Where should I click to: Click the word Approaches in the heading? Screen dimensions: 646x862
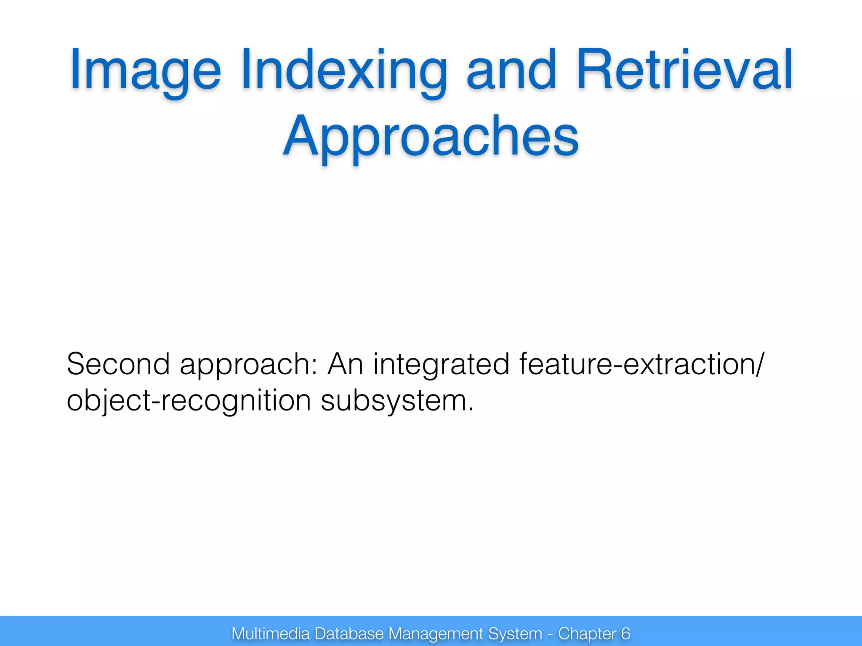[x=431, y=137]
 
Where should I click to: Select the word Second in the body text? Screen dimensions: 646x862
[x=118, y=364]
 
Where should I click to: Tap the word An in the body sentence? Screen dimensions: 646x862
[x=345, y=364]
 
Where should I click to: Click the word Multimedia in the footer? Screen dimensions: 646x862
[x=270, y=633]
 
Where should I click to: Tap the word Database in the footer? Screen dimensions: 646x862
[x=349, y=633]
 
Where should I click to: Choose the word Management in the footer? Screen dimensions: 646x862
[x=436, y=633]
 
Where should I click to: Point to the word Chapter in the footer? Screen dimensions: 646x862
[x=587, y=633]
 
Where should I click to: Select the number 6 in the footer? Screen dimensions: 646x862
[x=625, y=633]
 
